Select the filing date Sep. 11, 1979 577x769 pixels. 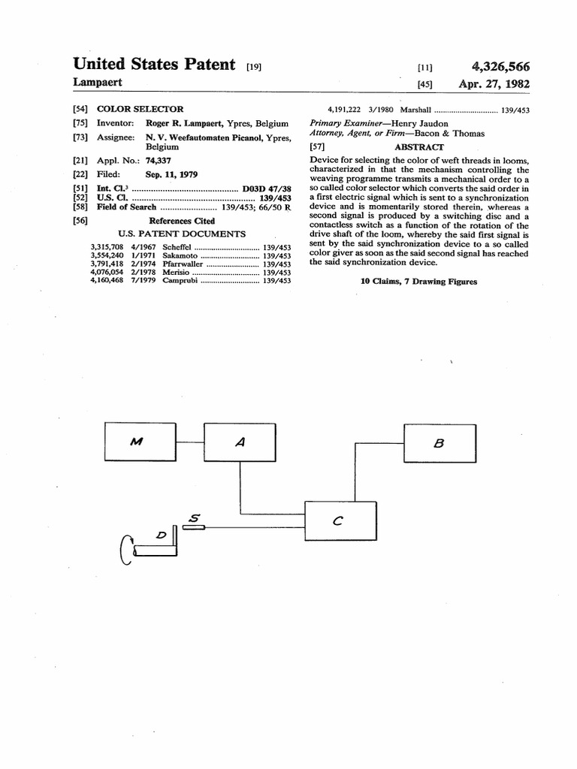point(171,174)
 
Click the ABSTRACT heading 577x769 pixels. point(419,147)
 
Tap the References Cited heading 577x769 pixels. point(182,221)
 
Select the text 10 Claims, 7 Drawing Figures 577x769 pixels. point(418,282)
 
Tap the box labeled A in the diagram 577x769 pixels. point(240,442)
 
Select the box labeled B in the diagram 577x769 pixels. point(440,443)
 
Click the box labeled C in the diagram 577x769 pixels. point(340,522)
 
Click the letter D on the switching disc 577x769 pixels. point(160,535)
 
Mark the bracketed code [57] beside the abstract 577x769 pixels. point(317,147)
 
